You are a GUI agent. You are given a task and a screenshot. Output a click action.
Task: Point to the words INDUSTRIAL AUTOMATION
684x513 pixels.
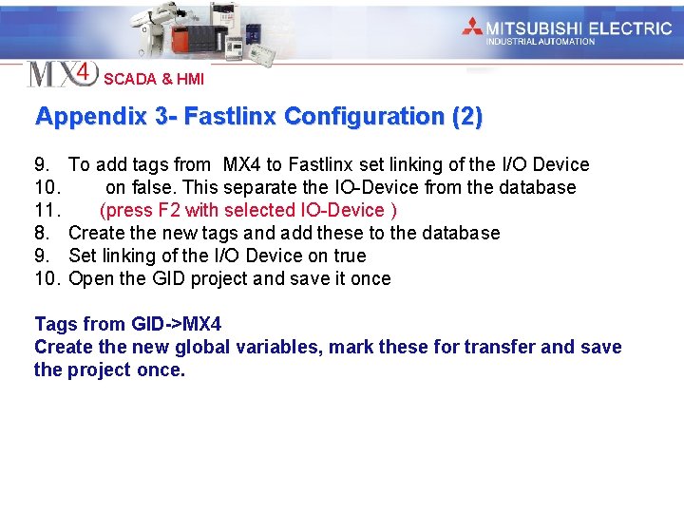click(x=541, y=42)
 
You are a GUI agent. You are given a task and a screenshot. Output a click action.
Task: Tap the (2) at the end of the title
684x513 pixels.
click(x=467, y=117)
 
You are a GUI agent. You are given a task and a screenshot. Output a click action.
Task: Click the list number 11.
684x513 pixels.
click(x=47, y=210)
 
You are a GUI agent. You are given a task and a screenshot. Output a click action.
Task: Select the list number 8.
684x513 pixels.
click(x=43, y=233)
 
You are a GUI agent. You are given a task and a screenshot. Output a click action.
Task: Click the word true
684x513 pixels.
click(x=349, y=256)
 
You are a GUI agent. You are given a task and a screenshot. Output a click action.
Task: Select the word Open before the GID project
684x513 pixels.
click(x=91, y=278)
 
